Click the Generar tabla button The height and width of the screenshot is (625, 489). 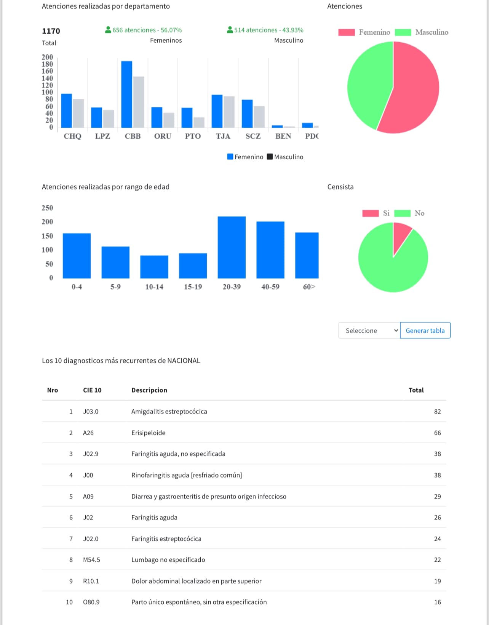(425, 330)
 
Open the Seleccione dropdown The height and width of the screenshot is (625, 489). (369, 330)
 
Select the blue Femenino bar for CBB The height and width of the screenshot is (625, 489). (127, 94)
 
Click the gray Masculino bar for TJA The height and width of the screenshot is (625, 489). (229, 112)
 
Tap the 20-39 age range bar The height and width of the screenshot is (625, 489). (232, 247)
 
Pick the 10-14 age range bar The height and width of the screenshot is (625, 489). (154, 267)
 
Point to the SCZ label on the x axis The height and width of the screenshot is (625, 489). (253, 136)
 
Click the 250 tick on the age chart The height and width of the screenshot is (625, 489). (47, 208)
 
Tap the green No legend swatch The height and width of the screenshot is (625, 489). (402, 213)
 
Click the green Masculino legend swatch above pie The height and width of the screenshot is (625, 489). (403, 32)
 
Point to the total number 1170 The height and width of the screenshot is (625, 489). (51, 31)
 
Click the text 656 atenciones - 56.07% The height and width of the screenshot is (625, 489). (147, 30)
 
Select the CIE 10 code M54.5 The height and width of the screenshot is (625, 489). (91, 560)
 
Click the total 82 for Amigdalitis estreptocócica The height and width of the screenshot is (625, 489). (437, 412)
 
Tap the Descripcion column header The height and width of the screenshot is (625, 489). (149, 390)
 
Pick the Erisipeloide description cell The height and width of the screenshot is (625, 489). (149, 433)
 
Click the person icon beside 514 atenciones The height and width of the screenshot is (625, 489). (230, 30)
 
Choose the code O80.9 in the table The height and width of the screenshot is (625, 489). (91, 602)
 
